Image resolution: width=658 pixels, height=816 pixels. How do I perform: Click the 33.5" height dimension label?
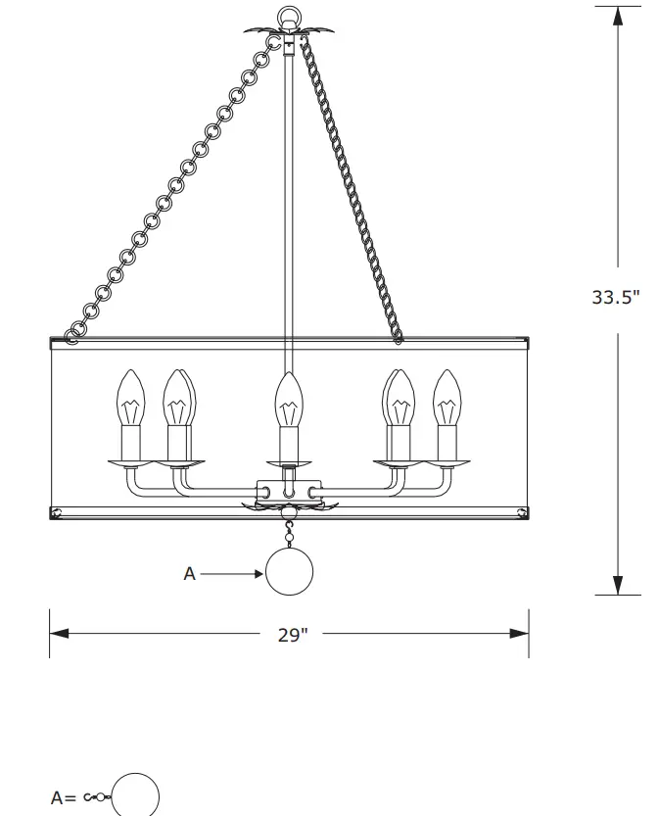615,297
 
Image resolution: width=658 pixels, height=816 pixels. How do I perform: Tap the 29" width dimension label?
292,635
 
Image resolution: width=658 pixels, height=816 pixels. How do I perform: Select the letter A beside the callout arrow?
190,574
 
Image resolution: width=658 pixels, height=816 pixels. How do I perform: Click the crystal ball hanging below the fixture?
290,573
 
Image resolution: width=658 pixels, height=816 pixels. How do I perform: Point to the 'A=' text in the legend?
65,797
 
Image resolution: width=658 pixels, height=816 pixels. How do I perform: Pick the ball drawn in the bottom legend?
136,794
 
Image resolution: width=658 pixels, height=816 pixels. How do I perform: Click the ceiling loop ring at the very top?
288,17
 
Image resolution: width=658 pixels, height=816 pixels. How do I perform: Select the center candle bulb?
286,400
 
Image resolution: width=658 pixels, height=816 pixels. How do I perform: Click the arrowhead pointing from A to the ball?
257,574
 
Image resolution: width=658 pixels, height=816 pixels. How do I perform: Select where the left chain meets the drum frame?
72,339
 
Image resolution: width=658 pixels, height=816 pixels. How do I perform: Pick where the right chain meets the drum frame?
398,339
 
